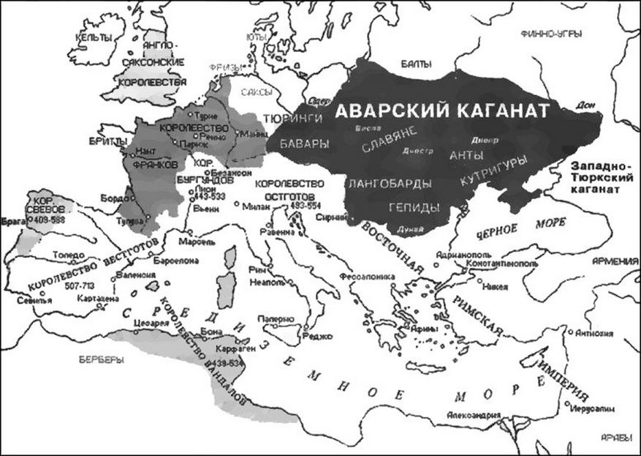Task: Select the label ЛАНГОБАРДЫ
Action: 390,183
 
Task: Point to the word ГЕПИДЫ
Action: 414,206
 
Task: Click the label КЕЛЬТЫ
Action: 97,37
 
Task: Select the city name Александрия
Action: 475,415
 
